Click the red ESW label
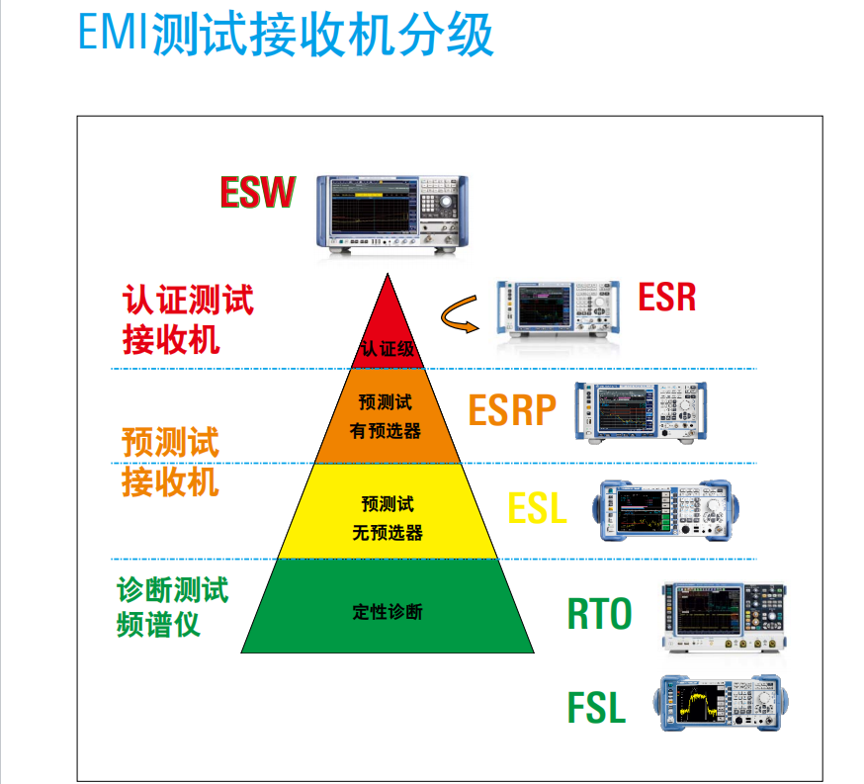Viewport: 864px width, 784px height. (x=257, y=193)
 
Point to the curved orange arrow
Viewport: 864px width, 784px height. (x=462, y=315)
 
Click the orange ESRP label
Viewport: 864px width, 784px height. (x=512, y=410)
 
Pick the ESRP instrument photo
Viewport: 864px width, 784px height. (x=641, y=411)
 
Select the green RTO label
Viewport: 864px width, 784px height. (x=599, y=614)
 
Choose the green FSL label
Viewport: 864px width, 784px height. (x=596, y=708)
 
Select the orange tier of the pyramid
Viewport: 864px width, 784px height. (x=387, y=416)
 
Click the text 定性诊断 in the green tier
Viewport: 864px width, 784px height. (x=388, y=612)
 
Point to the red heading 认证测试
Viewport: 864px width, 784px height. (x=188, y=300)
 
